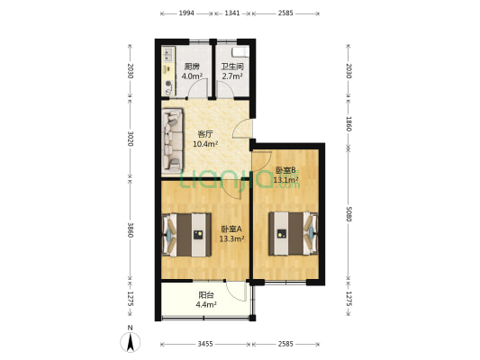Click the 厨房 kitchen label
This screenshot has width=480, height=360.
(x=192, y=67)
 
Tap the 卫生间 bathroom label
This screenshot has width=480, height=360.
(x=232, y=67)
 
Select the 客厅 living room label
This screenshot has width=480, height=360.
(x=205, y=134)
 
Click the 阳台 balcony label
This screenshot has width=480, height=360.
(x=206, y=294)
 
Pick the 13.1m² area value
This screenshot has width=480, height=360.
(x=286, y=179)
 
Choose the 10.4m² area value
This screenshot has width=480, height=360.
(x=205, y=144)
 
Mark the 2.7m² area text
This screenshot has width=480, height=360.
(x=232, y=76)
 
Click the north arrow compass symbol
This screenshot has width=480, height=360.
(x=131, y=342)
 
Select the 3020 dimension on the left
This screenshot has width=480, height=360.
(x=131, y=139)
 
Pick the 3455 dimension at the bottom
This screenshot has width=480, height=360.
(x=205, y=344)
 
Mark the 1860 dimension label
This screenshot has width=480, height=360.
(x=348, y=125)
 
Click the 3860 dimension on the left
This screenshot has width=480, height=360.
(x=131, y=231)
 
